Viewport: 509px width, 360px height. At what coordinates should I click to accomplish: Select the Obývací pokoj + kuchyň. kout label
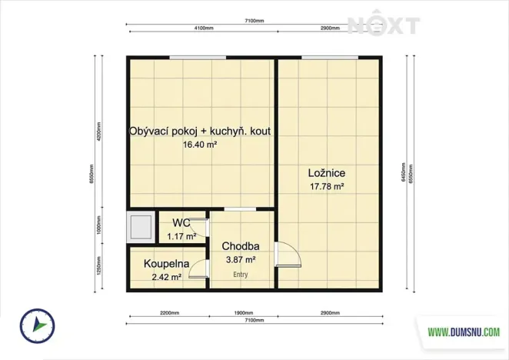point(200,132)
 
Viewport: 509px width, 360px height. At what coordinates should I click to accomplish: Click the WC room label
point(181,223)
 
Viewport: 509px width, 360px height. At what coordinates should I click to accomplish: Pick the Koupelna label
point(166,264)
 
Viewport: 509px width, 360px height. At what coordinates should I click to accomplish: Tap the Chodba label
point(240,246)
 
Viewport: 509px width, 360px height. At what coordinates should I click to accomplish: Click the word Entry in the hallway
point(241,274)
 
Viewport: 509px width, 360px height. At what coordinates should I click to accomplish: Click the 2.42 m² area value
point(166,277)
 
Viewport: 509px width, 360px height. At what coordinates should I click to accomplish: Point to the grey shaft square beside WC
point(141,228)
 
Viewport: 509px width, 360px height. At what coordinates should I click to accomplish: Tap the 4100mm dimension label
point(204,28)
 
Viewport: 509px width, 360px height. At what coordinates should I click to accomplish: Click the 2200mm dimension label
point(169,314)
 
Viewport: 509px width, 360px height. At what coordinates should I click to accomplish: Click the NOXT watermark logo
point(384,25)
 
